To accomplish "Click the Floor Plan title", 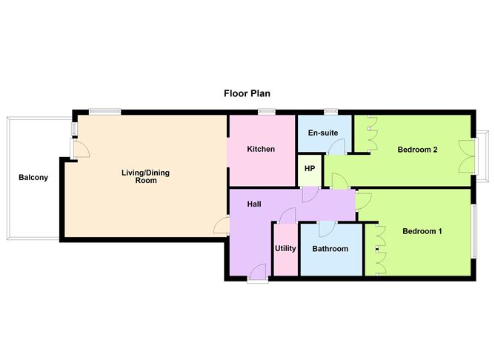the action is (247, 94).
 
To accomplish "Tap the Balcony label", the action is (33, 177).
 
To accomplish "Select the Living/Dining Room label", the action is (145, 177).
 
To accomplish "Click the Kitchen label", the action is (261, 149).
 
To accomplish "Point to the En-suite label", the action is (323, 133).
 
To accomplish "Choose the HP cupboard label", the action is (310, 169).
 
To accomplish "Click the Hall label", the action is (254, 204).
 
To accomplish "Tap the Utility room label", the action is (285, 249).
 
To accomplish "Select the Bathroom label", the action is (330, 249).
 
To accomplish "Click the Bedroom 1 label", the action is (422, 231).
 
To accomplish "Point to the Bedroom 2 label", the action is (417, 150).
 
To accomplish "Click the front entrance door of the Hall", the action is (258, 273).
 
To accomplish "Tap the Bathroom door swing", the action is (327, 230).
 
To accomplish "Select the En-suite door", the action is (336, 147).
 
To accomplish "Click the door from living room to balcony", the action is (80, 149).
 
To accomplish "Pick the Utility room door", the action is (288, 216).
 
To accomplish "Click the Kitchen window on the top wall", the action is (267, 112).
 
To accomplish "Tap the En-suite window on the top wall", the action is (330, 112).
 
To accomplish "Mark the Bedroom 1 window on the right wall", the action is (474, 231).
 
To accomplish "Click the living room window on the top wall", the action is (104, 112).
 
